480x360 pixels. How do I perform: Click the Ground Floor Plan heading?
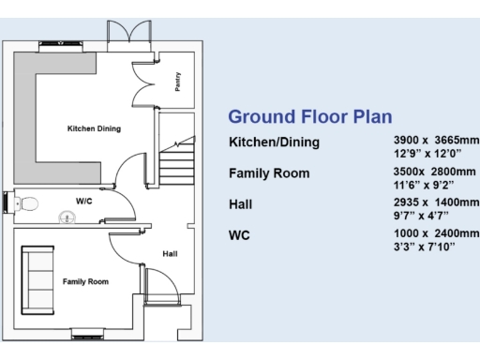pyautogui.click(x=310, y=116)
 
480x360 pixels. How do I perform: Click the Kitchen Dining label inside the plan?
pyautogui.click(x=94, y=128)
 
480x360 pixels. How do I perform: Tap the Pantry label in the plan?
pyautogui.click(x=178, y=82)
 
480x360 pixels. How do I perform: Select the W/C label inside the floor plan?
pyautogui.click(x=84, y=200)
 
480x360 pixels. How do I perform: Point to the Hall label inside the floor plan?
pyautogui.click(x=170, y=253)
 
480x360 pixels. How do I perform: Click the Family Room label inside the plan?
pyautogui.click(x=85, y=281)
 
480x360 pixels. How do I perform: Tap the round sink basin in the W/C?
pyautogui.click(x=67, y=217)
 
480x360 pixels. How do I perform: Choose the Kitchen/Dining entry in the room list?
pyautogui.click(x=274, y=142)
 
